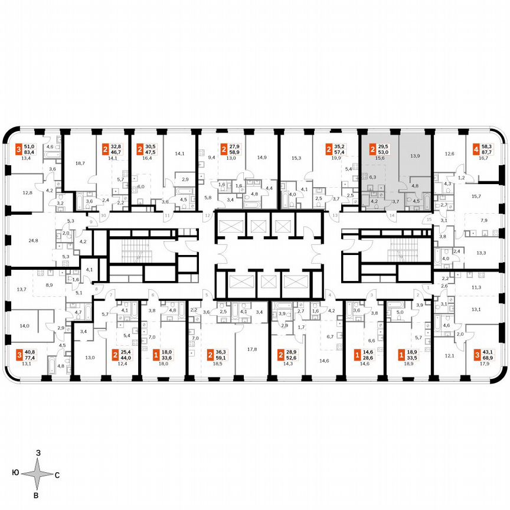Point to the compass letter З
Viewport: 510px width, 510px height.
point(38,453)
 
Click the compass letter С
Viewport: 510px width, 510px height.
point(57,474)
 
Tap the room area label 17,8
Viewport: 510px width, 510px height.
point(252,349)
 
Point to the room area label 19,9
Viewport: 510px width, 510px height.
point(337,158)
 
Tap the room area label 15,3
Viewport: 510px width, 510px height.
point(296,158)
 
